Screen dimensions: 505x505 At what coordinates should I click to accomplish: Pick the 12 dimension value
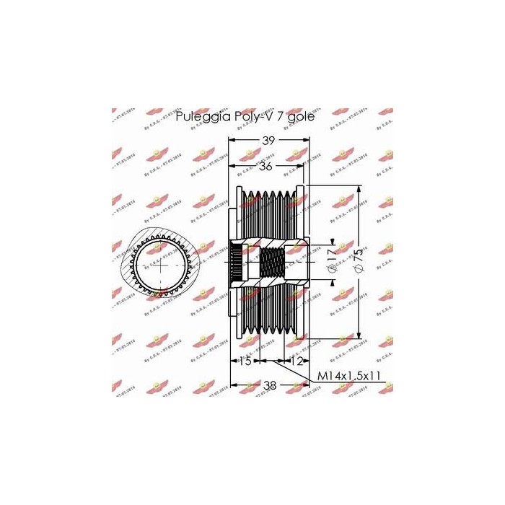tap(296, 361)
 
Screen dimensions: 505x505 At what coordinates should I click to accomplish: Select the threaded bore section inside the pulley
tap(272, 266)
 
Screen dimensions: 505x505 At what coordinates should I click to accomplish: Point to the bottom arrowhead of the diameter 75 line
tap(359, 336)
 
